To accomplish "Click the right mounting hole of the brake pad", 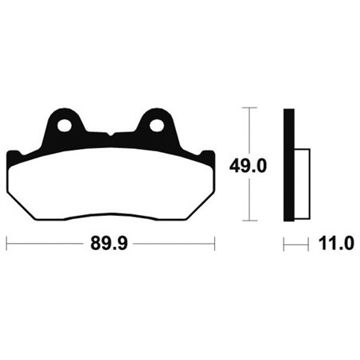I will tap(156, 125).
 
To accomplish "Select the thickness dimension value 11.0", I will tap(335, 245).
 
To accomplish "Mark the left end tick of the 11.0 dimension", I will tap(284, 245).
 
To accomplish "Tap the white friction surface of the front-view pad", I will tap(111, 183).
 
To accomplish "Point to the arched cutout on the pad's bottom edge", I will tap(111, 215).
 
